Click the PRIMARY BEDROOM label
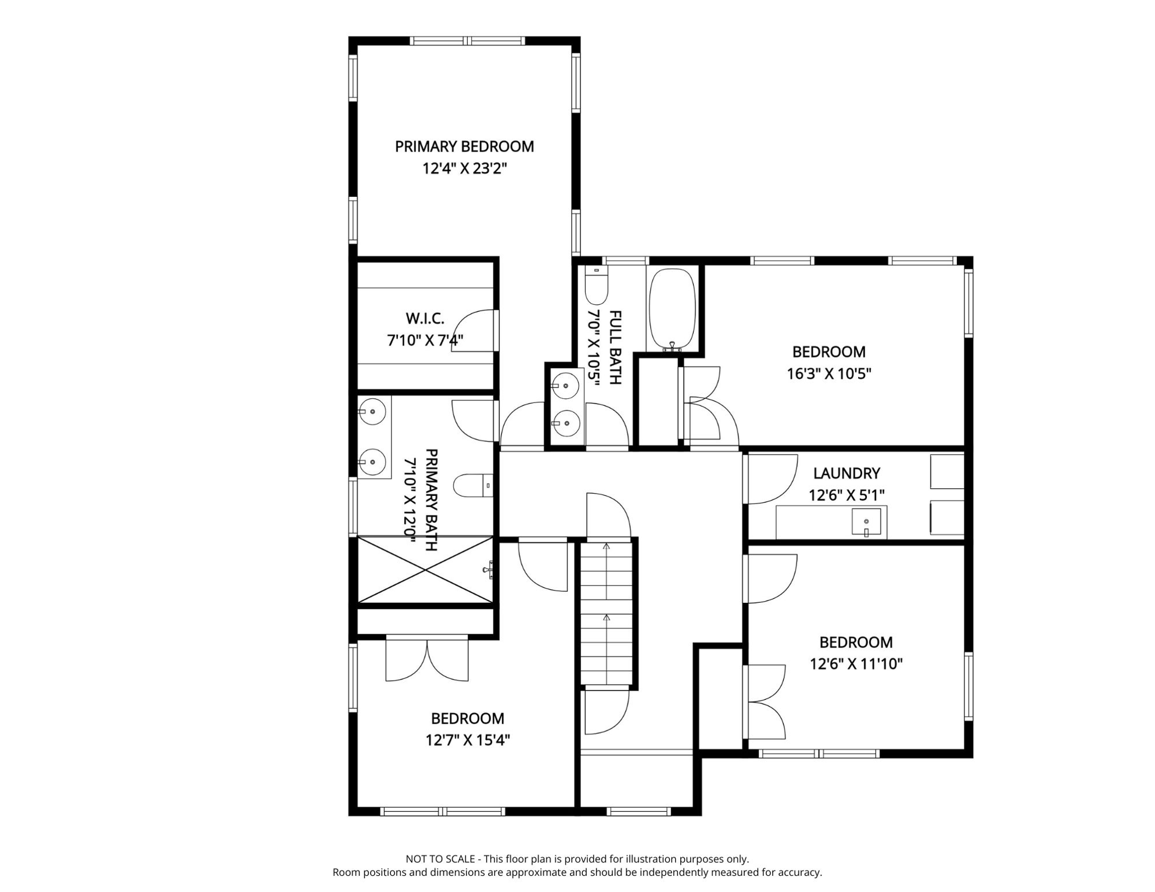(x=464, y=146)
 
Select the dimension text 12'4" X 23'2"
(x=464, y=168)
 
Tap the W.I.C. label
(x=425, y=318)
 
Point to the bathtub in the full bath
(x=672, y=308)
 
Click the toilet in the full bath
(x=596, y=285)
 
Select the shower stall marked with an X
(x=425, y=570)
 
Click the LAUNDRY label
(x=846, y=473)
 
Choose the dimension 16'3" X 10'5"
(x=828, y=373)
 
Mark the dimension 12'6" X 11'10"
(x=856, y=664)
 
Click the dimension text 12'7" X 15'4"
(x=468, y=740)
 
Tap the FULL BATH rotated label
(x=615, y=347)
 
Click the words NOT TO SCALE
(x=440, y=858)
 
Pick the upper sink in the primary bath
(x=372, y=412)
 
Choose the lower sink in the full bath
(x=566, y=423)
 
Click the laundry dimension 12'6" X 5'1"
(x=846, y=495)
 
